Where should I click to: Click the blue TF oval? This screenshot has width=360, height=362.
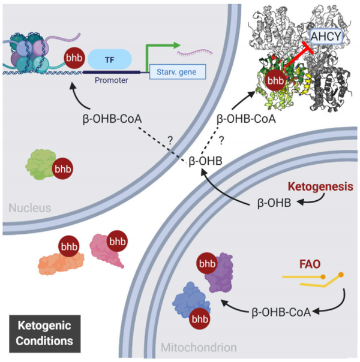[110, 59]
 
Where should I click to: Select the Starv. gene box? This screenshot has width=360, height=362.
[176, 73]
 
